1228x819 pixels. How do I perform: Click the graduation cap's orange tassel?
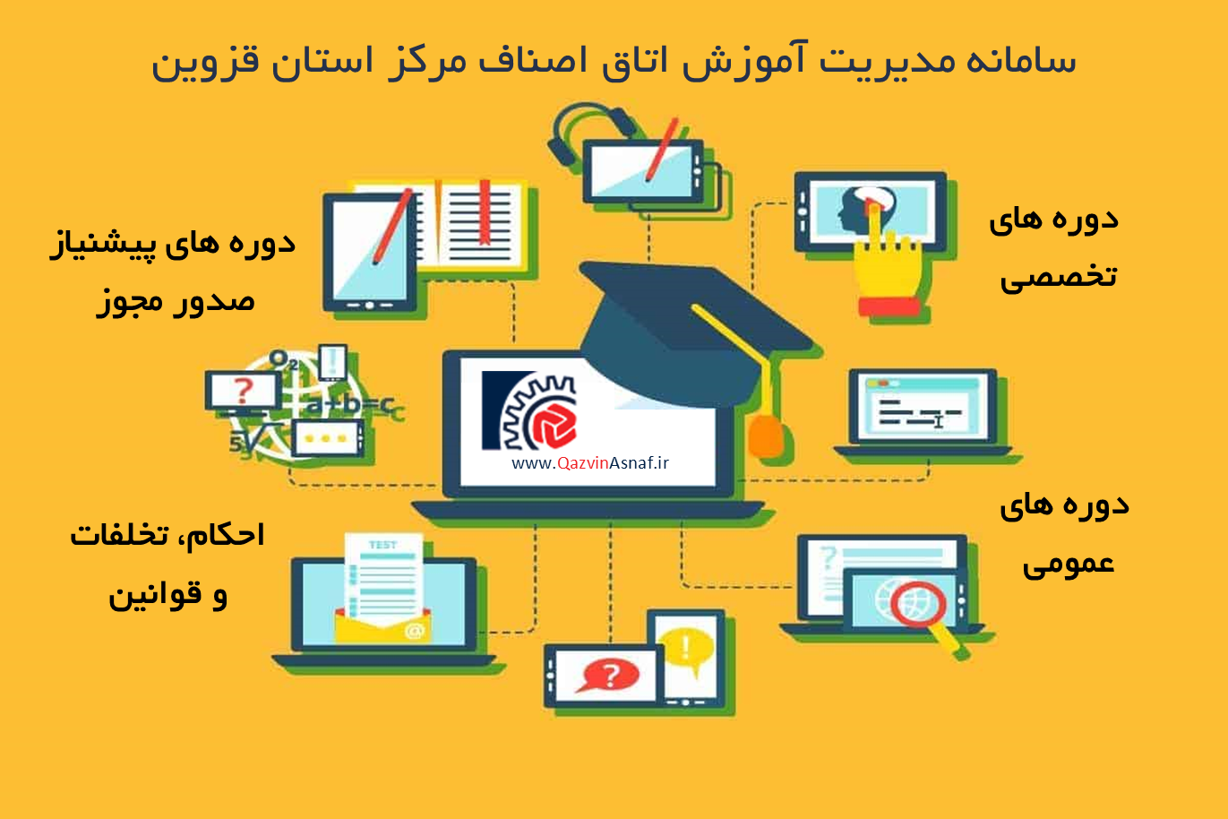click(767, 435)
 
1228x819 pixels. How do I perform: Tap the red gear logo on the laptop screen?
click(554, 425)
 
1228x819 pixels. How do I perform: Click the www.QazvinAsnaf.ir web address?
click(590, 463)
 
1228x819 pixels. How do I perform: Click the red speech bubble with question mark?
click(607, 676)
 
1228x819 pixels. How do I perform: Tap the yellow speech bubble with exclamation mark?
click(686, 650)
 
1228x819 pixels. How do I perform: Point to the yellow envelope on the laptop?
click(383, 625)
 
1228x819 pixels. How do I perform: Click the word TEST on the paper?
click(382, 545)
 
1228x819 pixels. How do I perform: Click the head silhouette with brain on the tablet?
click(865, 210)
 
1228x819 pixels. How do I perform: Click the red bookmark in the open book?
click(484, 212)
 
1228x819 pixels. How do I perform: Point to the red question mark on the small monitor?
click(243, 390)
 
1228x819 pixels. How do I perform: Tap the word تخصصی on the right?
click(1058, 275)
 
